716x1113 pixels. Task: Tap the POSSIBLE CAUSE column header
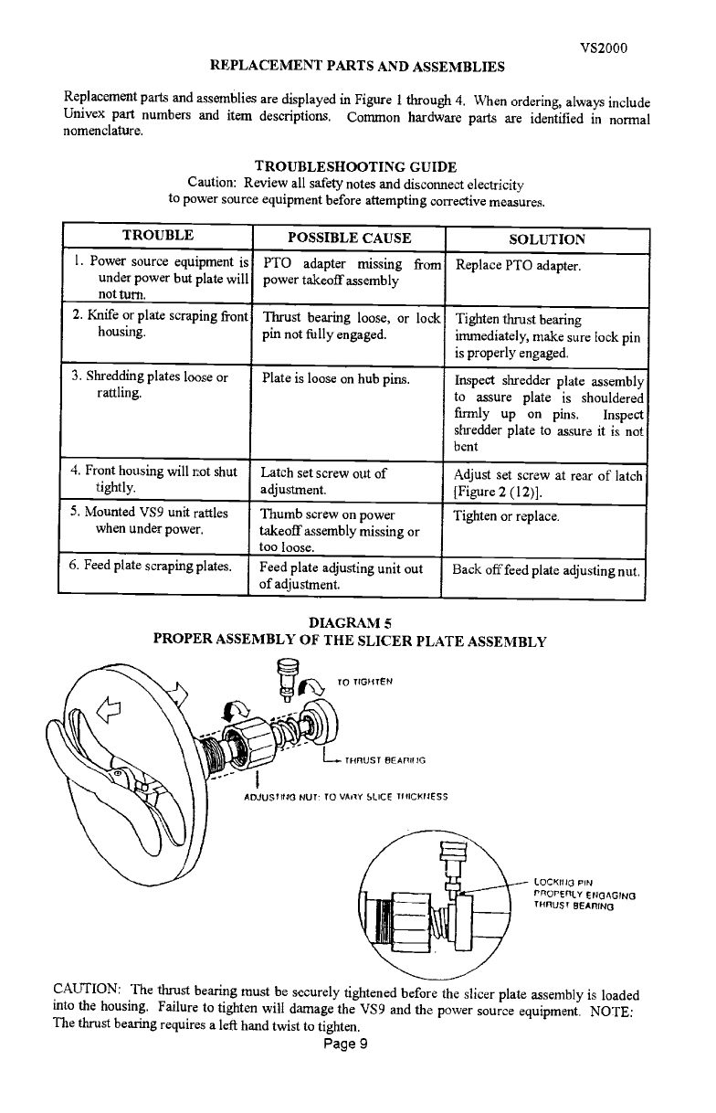pyautogui.click(x=349, y=238)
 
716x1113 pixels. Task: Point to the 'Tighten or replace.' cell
pyautogui.click(x=507, y=515)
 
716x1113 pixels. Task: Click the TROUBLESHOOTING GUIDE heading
pyautogui.click(x=355, y=166)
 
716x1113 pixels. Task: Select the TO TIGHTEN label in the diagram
pyautogui.click(x=363, y=681)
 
